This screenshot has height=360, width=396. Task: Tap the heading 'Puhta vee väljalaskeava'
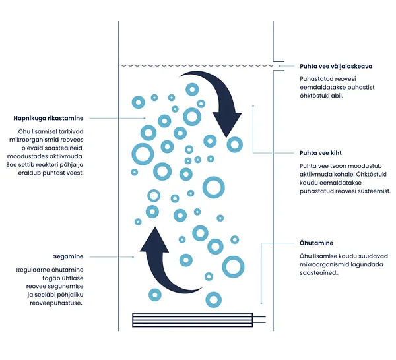pos(336,67)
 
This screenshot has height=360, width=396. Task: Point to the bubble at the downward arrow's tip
pos(234,144)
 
